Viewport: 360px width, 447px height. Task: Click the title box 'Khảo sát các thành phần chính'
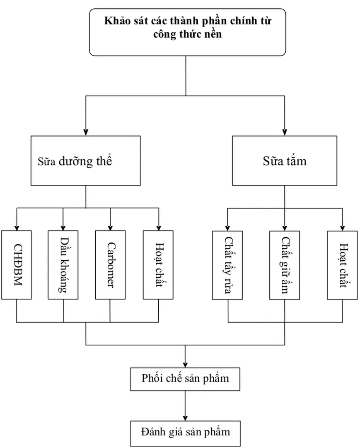[187, 32]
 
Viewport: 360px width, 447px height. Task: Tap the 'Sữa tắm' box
[285, 161]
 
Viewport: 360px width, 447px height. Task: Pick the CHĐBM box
[17, 265]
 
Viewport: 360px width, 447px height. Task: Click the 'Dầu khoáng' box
[63, 265]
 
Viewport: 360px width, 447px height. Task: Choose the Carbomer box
[110, 265]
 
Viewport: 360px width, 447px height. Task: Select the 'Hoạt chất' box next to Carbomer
[158, 265]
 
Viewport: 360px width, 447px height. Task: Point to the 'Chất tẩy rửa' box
[227, 265]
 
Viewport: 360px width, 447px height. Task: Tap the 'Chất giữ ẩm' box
[285, 265]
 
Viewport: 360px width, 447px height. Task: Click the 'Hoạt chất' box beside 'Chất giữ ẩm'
[342, 265]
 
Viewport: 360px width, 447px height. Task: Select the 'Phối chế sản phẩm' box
[185, 378]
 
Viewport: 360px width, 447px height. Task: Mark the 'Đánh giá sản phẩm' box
[185, 433]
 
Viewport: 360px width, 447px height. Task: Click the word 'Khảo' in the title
[117, 21]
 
